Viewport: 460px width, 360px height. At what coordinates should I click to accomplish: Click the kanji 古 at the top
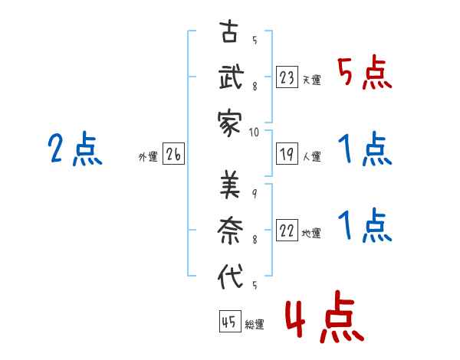click(229, 31)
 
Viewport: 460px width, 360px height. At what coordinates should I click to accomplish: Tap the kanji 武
click(232, 77)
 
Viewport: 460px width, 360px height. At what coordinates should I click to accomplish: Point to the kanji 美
click(230, 185)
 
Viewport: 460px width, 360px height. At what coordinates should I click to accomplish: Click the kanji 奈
click(230, 231)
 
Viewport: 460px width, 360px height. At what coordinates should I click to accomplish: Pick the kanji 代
click(230, 276)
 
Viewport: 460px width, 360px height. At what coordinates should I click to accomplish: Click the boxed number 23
click(287, 77)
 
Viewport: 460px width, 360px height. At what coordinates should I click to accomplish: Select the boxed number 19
click(287, 154)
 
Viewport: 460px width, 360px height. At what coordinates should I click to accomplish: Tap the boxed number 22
click(287, 230)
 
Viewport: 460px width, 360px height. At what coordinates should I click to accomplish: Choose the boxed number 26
click(173, 154)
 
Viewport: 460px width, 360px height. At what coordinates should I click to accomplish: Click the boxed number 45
click(230, 321)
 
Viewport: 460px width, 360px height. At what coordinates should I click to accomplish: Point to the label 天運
click(312, 80)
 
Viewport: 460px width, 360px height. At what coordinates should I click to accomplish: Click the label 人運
click(312, 156)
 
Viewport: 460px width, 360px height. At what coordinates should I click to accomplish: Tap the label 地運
click(311, 233)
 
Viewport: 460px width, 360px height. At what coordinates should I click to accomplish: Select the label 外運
click(148, 157)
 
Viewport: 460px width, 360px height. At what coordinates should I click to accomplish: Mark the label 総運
click(255, 324)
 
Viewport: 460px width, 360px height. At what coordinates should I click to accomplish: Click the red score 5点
click(365, 73)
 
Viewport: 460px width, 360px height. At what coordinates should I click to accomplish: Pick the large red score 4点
click(324, 317)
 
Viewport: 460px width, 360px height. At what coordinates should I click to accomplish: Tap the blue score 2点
click(75, 149)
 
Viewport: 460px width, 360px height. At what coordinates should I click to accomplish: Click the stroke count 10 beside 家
click(254, 133)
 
